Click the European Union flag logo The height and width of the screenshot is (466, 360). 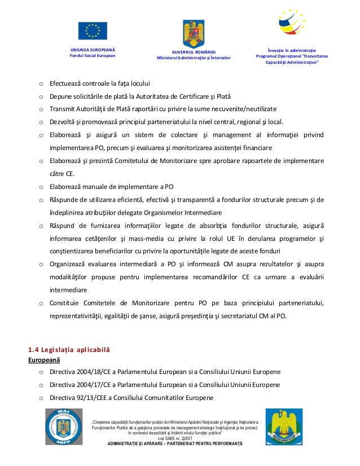pyautogui.click(x=93, y=32)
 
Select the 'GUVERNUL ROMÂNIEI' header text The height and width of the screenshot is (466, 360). pyautogui.click(x=194, y=51)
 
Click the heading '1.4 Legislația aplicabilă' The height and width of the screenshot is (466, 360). pyautogui.click(x=69, y=350)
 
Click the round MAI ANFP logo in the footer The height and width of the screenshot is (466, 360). pyautogui.click(x=64, y=429)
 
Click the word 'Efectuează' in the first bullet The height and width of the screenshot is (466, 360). pyautogui.click(x=66, y=83)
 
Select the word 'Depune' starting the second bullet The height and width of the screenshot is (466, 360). pyautogui.click(x=60, y=96)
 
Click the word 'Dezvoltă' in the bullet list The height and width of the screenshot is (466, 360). pyautogui.click(x=63, y=121)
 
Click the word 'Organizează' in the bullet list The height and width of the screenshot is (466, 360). pyautogui.click(x=69, y=264)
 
